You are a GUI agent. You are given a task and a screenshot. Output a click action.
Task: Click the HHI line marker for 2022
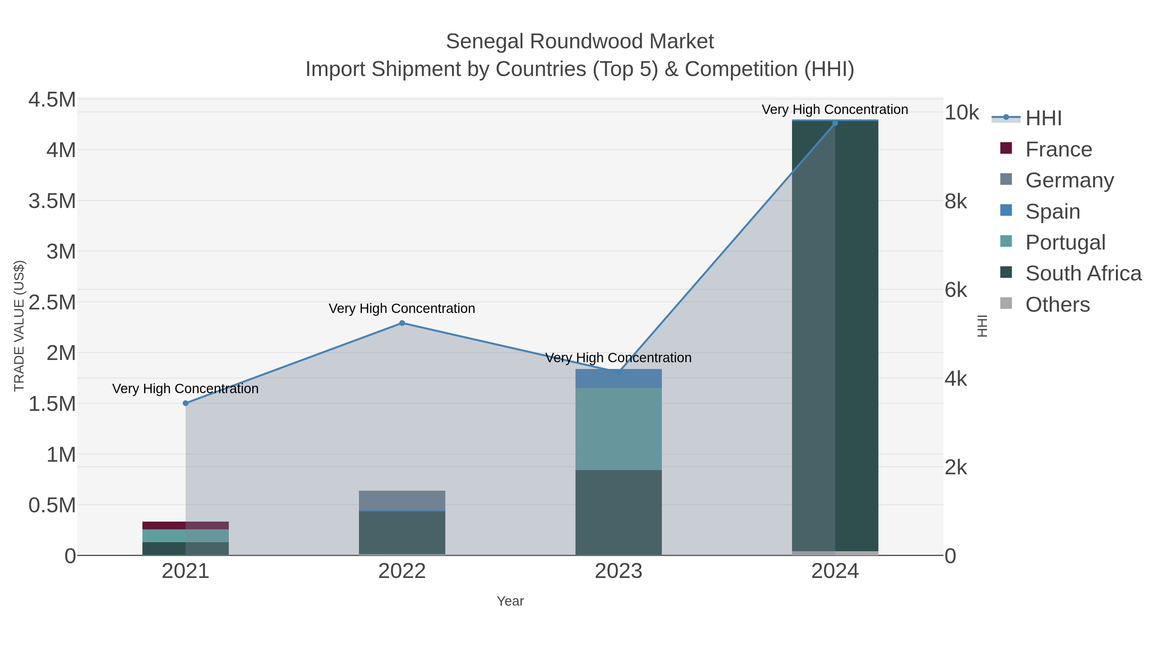(x=402, y=323)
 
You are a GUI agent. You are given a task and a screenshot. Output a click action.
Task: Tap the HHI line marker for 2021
(x=186, y=403)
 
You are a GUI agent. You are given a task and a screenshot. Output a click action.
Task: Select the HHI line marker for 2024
(x=835, y=123)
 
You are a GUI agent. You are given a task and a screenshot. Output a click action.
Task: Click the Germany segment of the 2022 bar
(x=402, y=500)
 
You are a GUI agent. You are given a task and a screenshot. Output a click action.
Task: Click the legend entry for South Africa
(x=1083, y=274)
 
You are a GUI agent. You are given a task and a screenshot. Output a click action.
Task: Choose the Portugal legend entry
(x=1065, y=242)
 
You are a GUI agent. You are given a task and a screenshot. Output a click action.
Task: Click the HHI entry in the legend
(x=1043, y=118)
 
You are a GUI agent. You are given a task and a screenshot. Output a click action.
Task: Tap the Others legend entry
(x=1057, y=305)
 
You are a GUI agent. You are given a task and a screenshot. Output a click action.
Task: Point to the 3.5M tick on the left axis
(x=52, y=201)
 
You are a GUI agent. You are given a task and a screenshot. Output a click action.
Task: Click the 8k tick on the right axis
(x=956, y=202)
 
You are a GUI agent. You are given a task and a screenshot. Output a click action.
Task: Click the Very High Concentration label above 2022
(x=402, y=309)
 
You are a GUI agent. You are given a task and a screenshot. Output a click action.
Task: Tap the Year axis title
(x=510, y=601)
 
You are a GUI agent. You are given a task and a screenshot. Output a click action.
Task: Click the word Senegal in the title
(x=485, y=42)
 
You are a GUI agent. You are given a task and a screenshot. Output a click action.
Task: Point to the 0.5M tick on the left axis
(x=52, y=505)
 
